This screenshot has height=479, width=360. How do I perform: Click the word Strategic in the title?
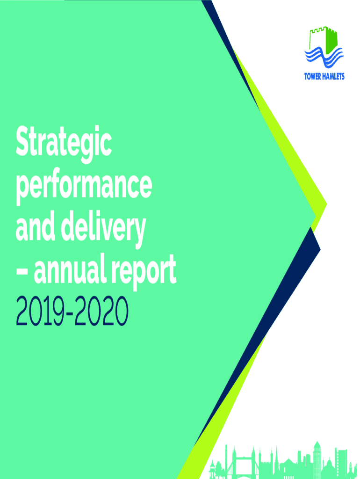[x=64, y=143]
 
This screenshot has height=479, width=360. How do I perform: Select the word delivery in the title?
[x=103, y=228]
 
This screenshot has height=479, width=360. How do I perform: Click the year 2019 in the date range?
[x=40, y=311]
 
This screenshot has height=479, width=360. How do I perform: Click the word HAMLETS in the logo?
[x=333, y=76]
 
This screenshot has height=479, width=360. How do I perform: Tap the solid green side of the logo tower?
[x=331, y=41]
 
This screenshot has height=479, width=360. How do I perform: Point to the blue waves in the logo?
[x=324, y=57]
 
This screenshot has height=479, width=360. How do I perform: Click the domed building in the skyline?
[x=329, y=469]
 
